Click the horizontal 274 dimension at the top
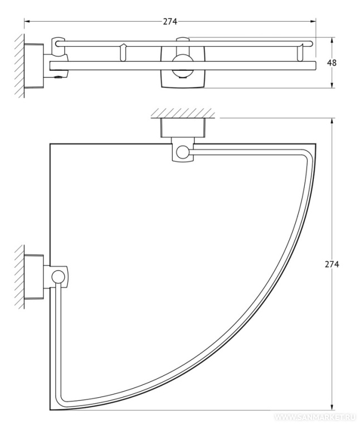[x=170, y=21]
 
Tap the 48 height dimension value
[x=332, y=62]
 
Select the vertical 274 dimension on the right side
[x=332, y=264]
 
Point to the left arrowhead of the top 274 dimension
[x=27, y=21]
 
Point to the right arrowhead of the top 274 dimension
[x=313, y=21]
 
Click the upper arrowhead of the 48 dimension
[x=332, y=40]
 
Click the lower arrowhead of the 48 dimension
[x=332, y=85]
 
